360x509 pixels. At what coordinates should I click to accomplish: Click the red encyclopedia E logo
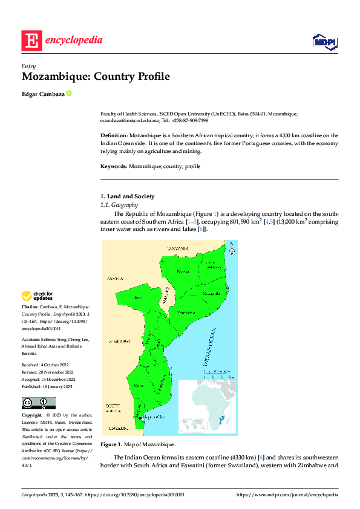(x=31, y=41)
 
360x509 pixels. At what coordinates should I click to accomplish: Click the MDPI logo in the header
(x=324, y=41)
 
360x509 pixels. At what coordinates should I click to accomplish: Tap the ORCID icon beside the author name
(x=69, y=93)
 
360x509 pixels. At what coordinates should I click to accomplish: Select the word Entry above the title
(x=28, y=66)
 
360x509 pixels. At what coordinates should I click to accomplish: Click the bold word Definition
(x=114, y=135)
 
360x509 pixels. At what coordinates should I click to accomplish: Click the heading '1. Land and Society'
(x=127, y=196)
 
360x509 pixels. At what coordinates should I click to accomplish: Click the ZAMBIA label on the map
(x=114, y=279)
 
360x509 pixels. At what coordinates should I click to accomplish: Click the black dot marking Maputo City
(x=140, y=418)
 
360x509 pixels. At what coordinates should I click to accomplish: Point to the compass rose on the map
(x=232, y=250)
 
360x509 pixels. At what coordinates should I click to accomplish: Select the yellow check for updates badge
(x=38, y=296)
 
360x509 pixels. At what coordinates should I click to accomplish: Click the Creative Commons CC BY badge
(x=39, y=403)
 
